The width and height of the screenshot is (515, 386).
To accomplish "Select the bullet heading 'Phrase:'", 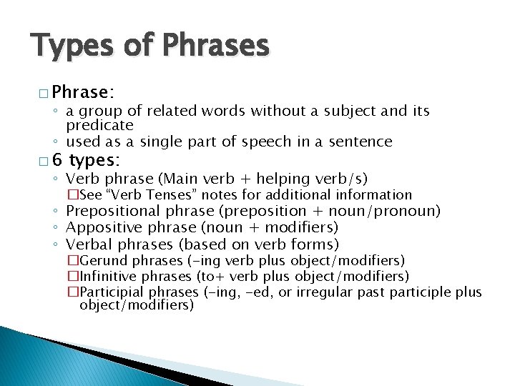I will coord(83,92).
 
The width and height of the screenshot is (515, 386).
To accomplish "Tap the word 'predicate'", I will coord(100,125).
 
